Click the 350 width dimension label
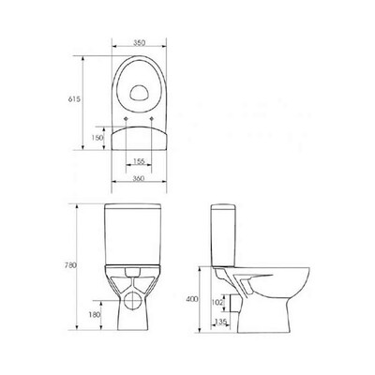click(139, 43)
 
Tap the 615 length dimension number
click(74, 99)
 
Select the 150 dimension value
click(97, 138)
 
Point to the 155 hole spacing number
click(139, 161)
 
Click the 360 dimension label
click(139, 178)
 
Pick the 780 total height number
click(71, 265)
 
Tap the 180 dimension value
click(95, 315)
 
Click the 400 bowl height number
click(192, 299)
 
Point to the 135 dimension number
click(220, 322)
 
